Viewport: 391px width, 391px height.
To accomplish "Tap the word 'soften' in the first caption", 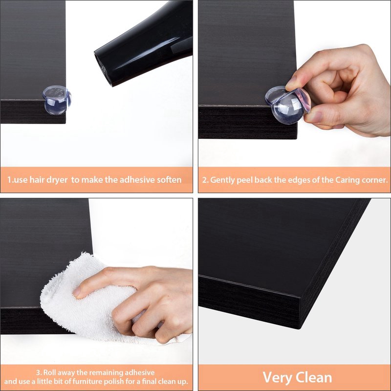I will pos(167,179).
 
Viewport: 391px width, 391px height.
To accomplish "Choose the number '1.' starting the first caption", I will pos(10,179).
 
